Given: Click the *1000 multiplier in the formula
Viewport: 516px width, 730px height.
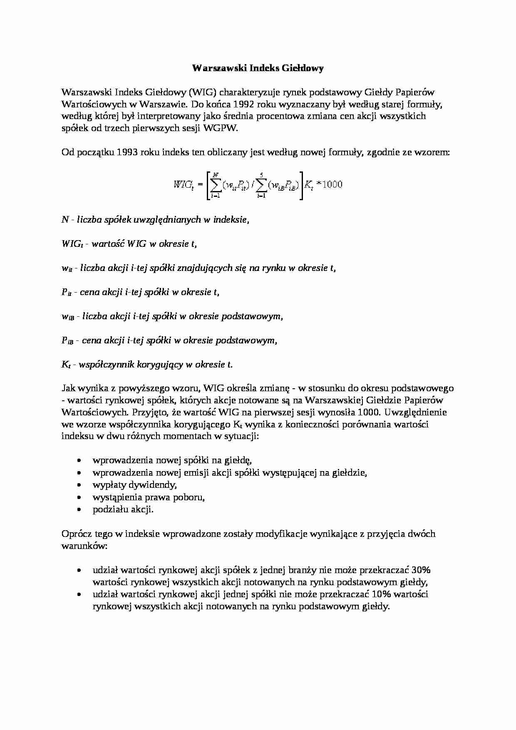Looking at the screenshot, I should pyautogui.click(x=329, y=184).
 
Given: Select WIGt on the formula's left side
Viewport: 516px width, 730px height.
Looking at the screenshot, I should pyautogui.click(x=184, y=185).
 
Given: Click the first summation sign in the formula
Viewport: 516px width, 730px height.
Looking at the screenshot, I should pyautogui.click(x=216, y=185).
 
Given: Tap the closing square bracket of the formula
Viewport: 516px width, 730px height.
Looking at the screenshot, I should pyautogui.click(x=301, y=185).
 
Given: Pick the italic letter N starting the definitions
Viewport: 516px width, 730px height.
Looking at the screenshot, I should pyautogui.click(x=65, y=220).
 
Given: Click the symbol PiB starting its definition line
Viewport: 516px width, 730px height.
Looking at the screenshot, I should pyautogui.click(x=67, y=341).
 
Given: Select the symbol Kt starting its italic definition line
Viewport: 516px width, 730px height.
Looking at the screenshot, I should pyautogui.click(x=66, y=365).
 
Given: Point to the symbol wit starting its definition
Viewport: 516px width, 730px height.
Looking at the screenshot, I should pyautogui.click(x=67, y=268).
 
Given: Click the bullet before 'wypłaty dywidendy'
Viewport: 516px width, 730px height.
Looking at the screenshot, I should pyautogui.click(x=79, y=485).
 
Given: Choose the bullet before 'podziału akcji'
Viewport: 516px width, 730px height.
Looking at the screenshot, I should pyautogui.click(x=79, y=509).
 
